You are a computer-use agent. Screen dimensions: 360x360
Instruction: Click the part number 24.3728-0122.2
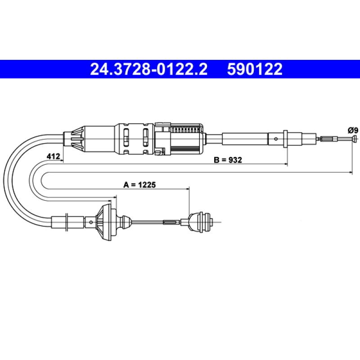pyautogui.click(x=149, y=69)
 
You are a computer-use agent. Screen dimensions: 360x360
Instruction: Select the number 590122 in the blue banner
pyautogui.click(x=255, y=69)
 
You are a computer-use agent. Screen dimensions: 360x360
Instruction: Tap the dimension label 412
pyautogui.click(x=53, y=156)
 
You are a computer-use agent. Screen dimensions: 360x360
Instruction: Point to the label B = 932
pyautogui.click(x=228, y=160)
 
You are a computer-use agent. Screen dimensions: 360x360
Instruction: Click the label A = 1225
pyautogui.click(x=139, y=184)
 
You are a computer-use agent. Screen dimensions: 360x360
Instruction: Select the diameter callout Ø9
pyautogui.click(x=353, y=130)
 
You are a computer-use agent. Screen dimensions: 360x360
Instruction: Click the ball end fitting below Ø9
pyautogui.click(x=355, y=139)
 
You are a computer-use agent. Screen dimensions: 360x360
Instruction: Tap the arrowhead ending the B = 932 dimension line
pyautogui.click(x=286, y=164)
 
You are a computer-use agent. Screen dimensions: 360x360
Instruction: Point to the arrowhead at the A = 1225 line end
pyautogui.click(x=188, y=189)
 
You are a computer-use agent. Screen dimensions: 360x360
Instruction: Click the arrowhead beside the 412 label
pyautogui.click(x=62, y=161)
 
